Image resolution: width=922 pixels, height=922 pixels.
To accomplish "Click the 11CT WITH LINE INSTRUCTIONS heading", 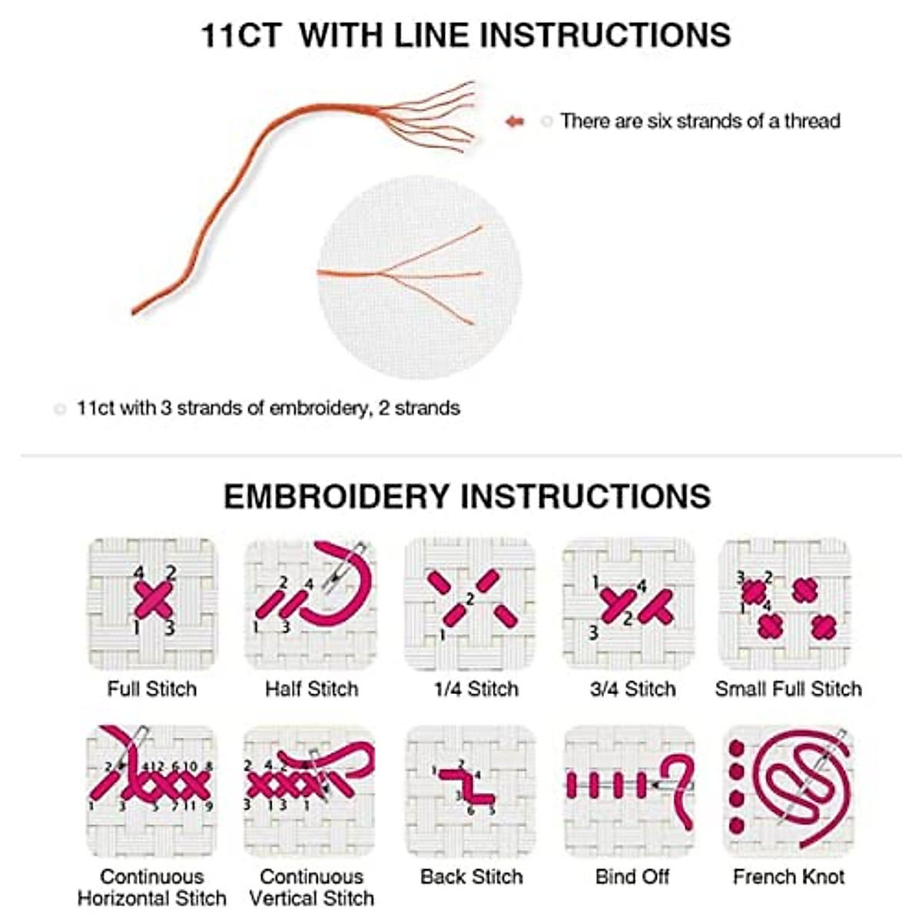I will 465,35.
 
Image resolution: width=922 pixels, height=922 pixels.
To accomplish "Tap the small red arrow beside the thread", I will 514,121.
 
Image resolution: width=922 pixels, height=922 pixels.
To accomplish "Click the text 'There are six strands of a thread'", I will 699,121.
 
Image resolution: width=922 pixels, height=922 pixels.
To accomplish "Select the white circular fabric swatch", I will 420,277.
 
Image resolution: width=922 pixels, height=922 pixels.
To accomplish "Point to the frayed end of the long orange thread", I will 438,115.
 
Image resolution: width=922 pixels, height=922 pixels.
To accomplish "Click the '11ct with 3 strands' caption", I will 267,408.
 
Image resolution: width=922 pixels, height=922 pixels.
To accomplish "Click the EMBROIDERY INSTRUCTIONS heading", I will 466,496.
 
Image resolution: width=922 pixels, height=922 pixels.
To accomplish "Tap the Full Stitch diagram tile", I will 152,604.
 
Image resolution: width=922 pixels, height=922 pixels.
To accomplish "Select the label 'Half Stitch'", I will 311,689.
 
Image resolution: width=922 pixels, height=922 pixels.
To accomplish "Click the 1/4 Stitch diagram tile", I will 469,604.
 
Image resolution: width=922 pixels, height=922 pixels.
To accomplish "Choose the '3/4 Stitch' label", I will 632,689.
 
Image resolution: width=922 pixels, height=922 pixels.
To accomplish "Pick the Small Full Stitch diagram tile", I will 785,604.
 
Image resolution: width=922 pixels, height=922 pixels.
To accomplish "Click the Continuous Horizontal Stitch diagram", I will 152,791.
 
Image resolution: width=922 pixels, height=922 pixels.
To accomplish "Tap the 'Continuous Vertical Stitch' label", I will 311,887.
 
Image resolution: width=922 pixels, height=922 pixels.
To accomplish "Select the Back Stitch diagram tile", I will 469,791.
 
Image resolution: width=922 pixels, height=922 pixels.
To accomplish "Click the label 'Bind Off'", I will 632,877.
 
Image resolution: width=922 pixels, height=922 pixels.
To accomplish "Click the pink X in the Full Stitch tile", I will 154,600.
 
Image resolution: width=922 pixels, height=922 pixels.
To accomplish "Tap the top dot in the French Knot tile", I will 737,748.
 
